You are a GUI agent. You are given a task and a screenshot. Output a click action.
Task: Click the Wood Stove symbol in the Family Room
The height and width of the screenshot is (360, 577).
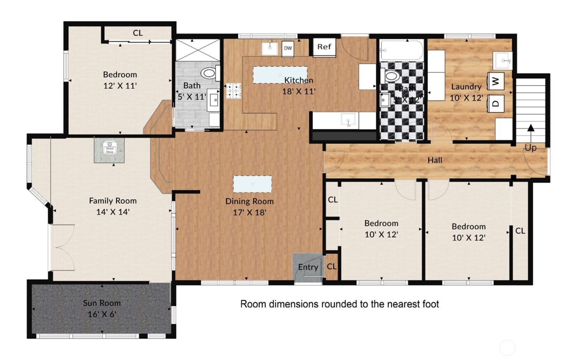[110, 147]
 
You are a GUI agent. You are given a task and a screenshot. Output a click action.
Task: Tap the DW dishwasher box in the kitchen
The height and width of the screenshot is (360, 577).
[288, 48]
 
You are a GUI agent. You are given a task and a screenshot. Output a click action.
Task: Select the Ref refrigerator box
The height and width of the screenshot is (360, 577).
[324, 47]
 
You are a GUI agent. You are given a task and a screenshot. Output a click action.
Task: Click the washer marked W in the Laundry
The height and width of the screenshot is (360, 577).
[496, 81]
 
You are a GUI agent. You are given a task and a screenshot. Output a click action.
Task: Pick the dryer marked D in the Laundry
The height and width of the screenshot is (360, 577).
[496, 103]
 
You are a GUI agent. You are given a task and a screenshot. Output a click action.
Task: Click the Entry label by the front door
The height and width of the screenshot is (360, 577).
[308, 267]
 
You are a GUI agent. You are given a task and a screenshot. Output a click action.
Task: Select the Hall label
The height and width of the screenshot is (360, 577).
[435, 160]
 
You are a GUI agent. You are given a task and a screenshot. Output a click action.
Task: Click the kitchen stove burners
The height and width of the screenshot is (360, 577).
[234, 91]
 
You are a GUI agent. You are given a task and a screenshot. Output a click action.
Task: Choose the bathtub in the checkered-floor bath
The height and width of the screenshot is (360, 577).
[401, 50]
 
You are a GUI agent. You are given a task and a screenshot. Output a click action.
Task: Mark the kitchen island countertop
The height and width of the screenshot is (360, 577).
[280, 75]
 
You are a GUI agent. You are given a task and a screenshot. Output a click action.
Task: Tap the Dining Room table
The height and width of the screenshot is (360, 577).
[252, 184]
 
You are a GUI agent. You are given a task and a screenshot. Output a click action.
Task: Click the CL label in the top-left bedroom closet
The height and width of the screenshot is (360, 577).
[138, 33]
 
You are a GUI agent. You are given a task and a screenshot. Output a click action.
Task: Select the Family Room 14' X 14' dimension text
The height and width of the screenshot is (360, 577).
[113, 212]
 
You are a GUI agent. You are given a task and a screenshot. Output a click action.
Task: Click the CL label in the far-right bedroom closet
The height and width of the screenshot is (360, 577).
[520, 231]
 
